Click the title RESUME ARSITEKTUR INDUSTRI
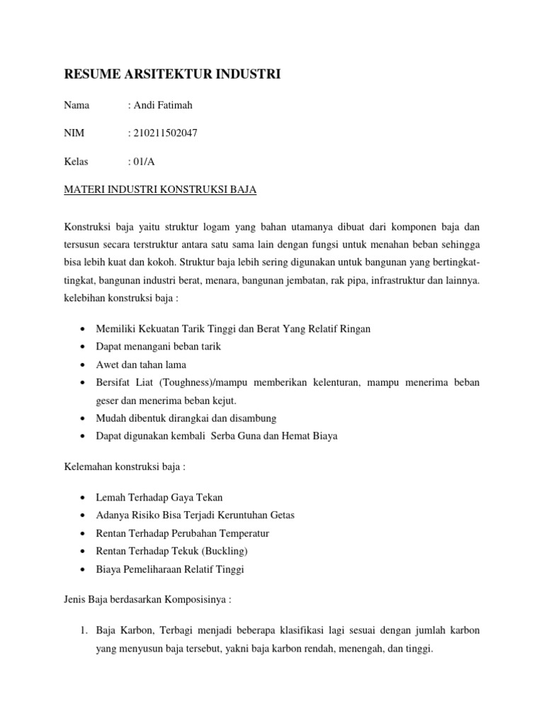(x=172, y=74)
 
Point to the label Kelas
(x=76, y=161)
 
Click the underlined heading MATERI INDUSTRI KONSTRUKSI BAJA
(x=160, y=189)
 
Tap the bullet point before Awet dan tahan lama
(x=84, y=364)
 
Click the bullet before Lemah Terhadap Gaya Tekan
(x=84, y=497)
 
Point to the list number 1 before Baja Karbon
(x=84, y=630)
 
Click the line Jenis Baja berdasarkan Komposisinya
(x=147, y=598)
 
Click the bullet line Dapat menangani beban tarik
(x=159, y=347)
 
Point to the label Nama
(x=76, y=106)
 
